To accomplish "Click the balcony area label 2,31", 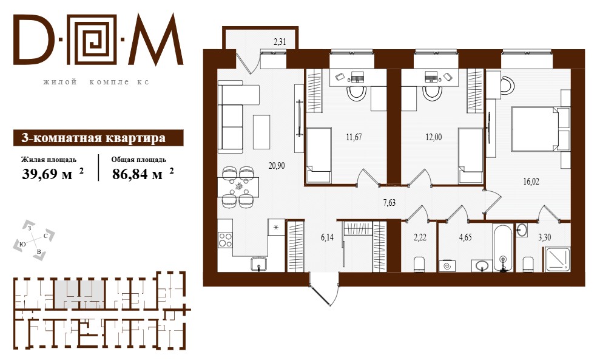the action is (280, 42).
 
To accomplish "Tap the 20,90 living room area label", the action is (277, 166).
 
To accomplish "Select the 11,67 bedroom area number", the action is (354, 137).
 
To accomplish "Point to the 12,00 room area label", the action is (434, 137).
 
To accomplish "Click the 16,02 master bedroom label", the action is (531, 182).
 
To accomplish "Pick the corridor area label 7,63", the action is (389, 203).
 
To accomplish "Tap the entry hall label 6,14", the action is (327, 237).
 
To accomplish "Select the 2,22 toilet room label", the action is (420, 237).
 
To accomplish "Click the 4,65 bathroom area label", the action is (465, 237).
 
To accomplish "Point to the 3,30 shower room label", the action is (545, 237).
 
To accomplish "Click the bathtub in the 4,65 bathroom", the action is (502, 248).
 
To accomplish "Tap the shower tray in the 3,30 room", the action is (558, 259).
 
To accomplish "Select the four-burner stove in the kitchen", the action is (225, 240).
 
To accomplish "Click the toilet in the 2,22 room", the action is (419, 264).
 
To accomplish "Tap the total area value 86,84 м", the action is (137, 174).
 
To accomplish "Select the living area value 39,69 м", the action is (47, 174).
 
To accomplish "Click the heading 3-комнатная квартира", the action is (94, 138).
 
